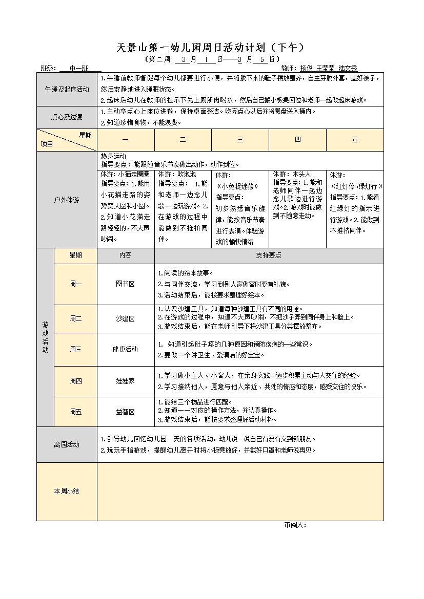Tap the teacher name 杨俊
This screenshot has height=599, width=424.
pos(306,68)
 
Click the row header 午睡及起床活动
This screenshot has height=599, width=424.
pos(67,89)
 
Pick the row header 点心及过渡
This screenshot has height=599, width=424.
pos(67,117)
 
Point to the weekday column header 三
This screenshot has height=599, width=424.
pos(240,140)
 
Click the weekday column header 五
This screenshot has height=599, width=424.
pos(354,140)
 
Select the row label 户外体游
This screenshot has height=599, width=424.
pos(67,200)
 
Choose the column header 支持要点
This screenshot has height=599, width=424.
pos(269,255)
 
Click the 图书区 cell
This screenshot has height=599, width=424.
pos(125,284)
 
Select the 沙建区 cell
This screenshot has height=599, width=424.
pos(125,318)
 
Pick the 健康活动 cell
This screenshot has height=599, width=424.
pos(125,349)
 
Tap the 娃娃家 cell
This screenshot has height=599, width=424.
pos(125,381)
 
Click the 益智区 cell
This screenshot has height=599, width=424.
pos(125,412)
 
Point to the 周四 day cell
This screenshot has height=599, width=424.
pos(75,381)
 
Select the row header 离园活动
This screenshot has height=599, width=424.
pos(67,444)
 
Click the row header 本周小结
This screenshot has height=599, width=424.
pos(67,491)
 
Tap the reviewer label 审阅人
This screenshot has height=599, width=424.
pos(295,525)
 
